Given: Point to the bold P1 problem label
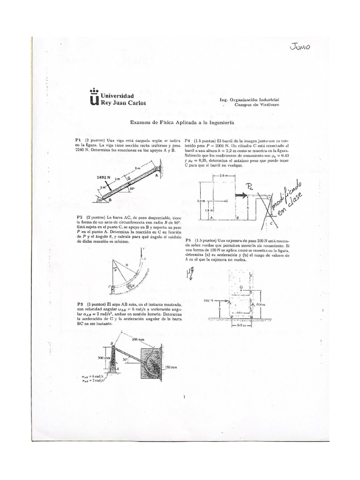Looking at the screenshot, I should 79,141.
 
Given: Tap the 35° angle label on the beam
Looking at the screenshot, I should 133,189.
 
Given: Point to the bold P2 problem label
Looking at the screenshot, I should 79,218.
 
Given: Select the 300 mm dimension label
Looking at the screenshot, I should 104,358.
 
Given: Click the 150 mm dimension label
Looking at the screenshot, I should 170,367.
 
